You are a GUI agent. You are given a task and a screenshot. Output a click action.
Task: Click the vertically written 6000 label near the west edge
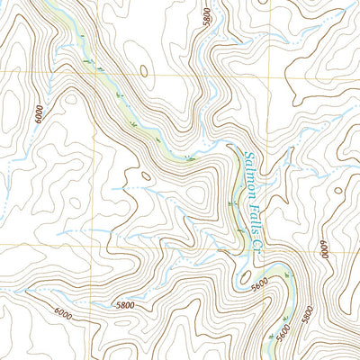(x=38, y=114)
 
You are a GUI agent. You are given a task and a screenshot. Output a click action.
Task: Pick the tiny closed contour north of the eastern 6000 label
(x=337, y=190)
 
